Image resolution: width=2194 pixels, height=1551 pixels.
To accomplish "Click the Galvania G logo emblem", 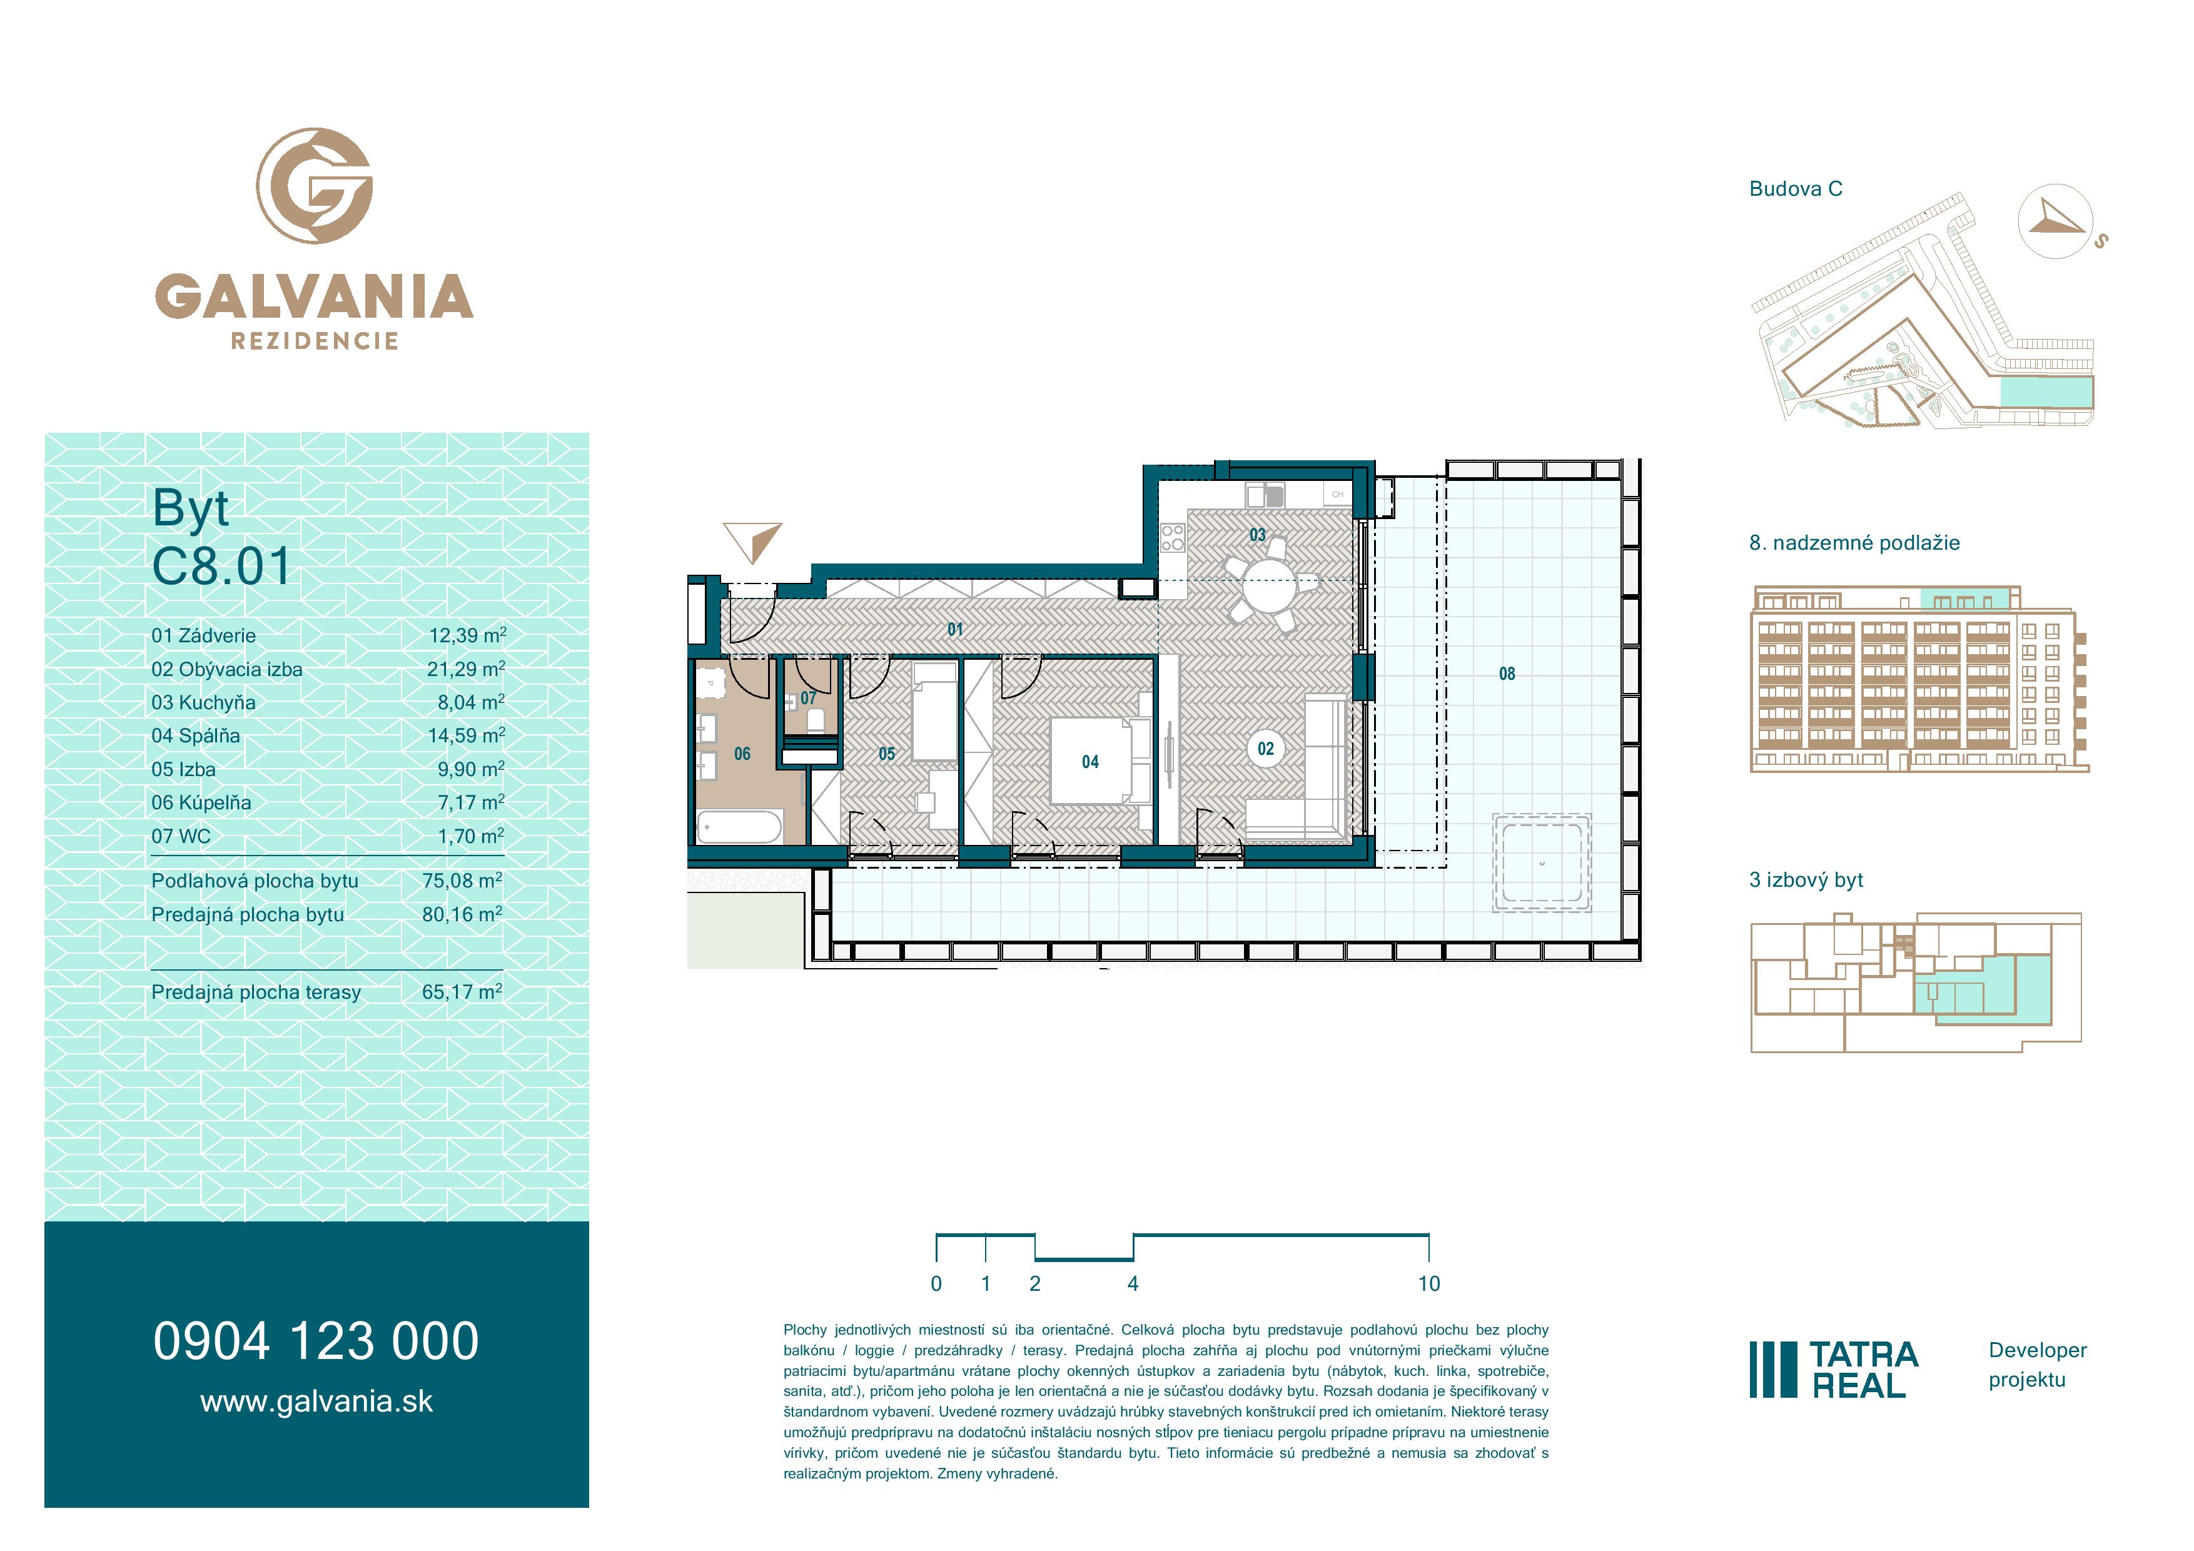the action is coord(315,185).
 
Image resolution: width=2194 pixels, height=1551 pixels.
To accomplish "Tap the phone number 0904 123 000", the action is coord(316,1341).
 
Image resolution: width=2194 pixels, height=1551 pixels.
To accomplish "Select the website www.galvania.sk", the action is coord(316,1402).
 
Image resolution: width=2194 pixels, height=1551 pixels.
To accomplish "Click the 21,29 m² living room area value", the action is coord(467,669).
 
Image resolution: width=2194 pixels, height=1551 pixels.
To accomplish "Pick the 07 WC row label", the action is coord(181,836).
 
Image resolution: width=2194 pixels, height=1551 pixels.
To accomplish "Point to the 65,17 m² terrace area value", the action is coord(462,992).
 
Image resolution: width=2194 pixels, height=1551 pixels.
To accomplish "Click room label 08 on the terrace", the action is coord(1507,674).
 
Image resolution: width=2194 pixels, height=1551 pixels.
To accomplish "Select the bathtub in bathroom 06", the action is coord(740,826).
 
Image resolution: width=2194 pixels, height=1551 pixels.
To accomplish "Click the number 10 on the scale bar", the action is coord(1428,1283).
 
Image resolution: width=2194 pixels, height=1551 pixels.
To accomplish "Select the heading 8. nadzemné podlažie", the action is coord(1855,543).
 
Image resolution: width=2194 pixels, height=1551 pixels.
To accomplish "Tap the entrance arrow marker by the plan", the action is coord(753,542).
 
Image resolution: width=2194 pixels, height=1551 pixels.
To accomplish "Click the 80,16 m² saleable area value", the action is coord(462,914).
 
